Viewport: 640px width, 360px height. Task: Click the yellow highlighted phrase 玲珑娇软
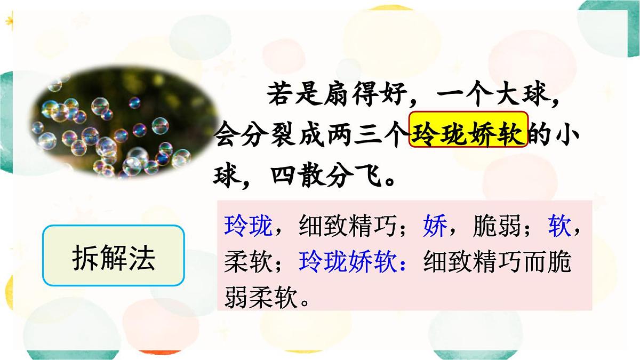pyautogui.click(x=469, y=130)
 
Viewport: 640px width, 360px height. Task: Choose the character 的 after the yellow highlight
pyautogui.click(x=540, y=134)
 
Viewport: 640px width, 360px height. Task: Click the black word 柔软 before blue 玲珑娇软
pyautogui.click(x=247, y=262)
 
